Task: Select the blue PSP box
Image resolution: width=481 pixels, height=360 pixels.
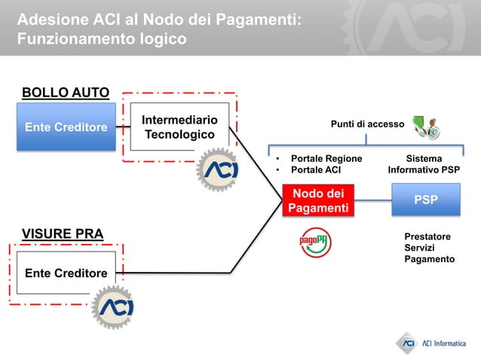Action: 425,200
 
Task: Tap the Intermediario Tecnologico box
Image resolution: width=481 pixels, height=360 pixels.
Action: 179,127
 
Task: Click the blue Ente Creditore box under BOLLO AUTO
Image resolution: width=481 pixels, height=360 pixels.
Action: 66,127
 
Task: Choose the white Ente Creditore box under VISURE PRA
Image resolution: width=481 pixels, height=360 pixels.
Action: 66,273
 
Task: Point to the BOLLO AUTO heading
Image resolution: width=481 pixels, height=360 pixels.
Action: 66,93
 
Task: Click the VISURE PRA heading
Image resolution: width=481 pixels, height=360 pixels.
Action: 63,233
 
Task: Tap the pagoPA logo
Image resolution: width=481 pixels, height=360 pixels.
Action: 314,241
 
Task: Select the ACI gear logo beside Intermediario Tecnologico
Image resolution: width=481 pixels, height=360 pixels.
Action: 218,170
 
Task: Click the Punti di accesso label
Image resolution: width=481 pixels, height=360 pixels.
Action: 367,124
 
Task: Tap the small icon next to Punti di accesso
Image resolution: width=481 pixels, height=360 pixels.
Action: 426,127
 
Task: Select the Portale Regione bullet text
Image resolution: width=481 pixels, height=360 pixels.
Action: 326,159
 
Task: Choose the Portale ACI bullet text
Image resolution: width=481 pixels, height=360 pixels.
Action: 315,170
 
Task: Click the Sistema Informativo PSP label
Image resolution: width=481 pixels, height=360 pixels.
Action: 424,164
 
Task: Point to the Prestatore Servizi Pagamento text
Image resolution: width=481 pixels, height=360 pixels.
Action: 429,248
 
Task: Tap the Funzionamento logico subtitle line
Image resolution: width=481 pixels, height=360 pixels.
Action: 101,38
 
